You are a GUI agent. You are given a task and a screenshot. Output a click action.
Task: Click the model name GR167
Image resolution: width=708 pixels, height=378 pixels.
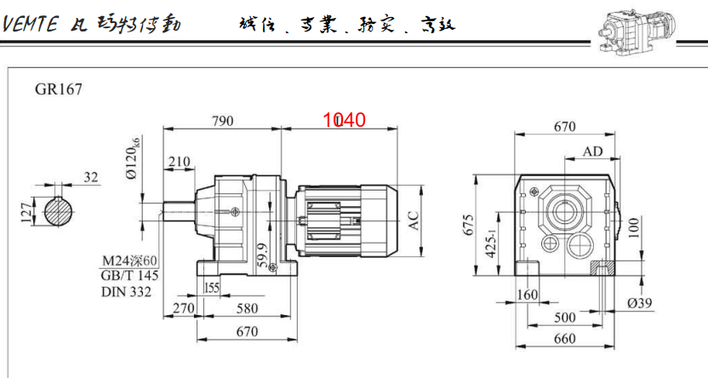pyautogui.click(x=59, y=88)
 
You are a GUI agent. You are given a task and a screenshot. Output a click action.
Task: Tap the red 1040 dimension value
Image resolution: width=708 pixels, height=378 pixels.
pyautogui.click(x=344, y=120)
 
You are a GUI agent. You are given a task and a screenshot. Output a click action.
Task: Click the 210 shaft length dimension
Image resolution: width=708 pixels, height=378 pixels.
pyautogui.click(x=179, y=162)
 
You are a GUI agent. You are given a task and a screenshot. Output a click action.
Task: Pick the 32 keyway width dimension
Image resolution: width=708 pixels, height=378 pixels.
pyautogui.click(x=91, y=177)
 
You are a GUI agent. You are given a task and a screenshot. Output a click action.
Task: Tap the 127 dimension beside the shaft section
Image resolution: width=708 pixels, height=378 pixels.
pyautogui.click(x=25, y=209)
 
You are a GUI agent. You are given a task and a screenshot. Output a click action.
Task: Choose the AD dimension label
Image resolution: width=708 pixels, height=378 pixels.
pyautogui.click(x=593, y=152)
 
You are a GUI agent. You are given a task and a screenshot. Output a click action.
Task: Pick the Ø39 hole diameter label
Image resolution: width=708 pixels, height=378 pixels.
pyautogui.click(x=639, y=304)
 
